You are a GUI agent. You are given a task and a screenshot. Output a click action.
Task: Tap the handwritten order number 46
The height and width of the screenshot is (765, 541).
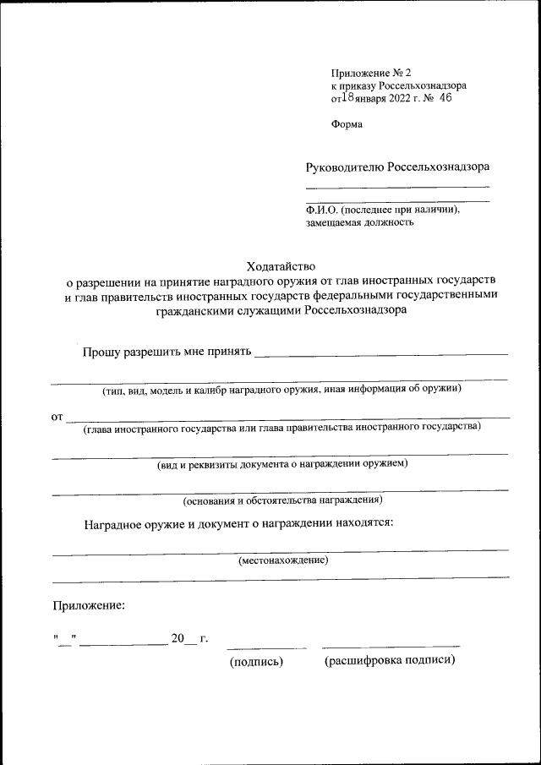445,98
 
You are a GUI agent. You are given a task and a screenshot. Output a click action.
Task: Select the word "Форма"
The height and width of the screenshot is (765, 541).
347,123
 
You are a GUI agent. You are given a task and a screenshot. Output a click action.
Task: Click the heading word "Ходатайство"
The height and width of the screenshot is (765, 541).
280,265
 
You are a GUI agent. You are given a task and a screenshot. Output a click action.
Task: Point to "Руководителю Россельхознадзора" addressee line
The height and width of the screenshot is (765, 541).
397,167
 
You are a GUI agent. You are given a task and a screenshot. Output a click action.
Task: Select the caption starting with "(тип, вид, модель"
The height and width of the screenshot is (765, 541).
281,390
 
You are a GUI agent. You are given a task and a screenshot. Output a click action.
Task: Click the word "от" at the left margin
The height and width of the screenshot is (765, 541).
57,417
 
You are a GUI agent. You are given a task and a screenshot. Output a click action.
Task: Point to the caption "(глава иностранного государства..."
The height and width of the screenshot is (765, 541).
281,427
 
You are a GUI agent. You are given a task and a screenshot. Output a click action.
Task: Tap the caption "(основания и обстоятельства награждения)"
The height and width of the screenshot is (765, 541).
282,500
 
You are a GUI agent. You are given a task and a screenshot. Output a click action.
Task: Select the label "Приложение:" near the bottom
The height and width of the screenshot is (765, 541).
89,605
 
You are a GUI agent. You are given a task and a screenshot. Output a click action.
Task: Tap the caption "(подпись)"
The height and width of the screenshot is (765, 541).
256,662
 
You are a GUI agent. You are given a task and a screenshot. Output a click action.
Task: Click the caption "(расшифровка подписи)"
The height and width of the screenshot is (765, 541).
390,661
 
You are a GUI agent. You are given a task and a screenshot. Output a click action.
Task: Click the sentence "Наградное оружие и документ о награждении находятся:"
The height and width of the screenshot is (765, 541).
238,522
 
